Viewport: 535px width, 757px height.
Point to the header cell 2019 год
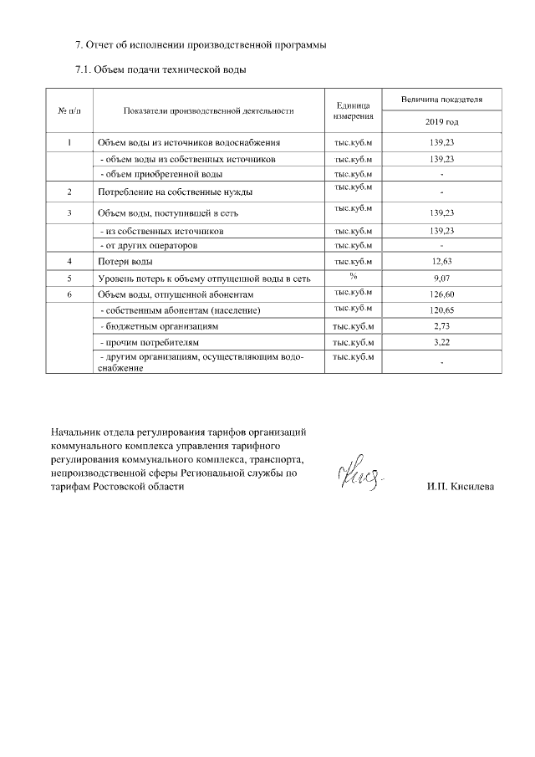click(441, 123)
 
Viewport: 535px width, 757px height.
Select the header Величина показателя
click(441, 100)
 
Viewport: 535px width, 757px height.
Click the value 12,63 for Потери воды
click(441, 263)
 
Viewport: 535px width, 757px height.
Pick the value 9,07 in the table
click(441, 279)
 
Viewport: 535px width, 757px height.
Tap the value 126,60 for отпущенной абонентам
click(441, 294)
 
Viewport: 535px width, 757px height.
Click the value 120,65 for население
click(441, 310)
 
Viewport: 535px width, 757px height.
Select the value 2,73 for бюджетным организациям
click(441, 325)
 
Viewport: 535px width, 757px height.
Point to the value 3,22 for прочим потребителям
click(441, 342)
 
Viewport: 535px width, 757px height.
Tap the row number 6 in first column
click(69, 294)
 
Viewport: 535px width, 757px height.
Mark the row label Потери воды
click(125, 263)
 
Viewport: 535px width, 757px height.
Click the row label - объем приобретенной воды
click(160, 174)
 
